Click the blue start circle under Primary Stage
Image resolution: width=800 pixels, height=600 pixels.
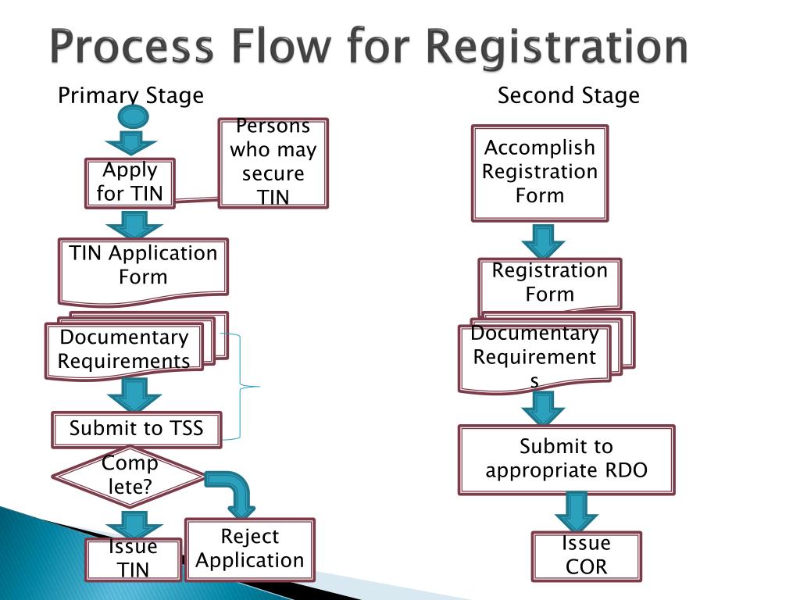tap(133, 116)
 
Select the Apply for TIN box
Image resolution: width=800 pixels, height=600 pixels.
tap(130, 183)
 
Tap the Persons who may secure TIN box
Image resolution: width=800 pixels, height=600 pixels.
tap(273, 163)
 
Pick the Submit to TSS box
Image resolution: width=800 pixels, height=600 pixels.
tap(137, 430)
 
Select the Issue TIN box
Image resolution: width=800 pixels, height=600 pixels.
tap(134, 559)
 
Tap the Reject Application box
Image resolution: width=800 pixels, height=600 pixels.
tap(250, 549)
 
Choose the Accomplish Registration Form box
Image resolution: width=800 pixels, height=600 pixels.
tap(540, 173)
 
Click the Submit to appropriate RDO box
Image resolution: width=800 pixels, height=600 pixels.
tap(566, 459)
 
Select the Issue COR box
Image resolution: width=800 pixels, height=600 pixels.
tap(586, 556)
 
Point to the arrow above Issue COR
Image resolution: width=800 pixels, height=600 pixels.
tap(577, 512)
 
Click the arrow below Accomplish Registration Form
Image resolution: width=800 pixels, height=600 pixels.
tap(543, 241)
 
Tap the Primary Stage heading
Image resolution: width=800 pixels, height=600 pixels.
tap(130, 95)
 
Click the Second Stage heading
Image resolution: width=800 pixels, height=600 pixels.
tap(569, 95)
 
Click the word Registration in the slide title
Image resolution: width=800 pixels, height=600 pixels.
tap(556, 47)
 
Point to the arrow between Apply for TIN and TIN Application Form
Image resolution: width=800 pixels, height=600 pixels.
tap(134, 224)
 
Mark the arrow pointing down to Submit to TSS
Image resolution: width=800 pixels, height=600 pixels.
tap(134, 395)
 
